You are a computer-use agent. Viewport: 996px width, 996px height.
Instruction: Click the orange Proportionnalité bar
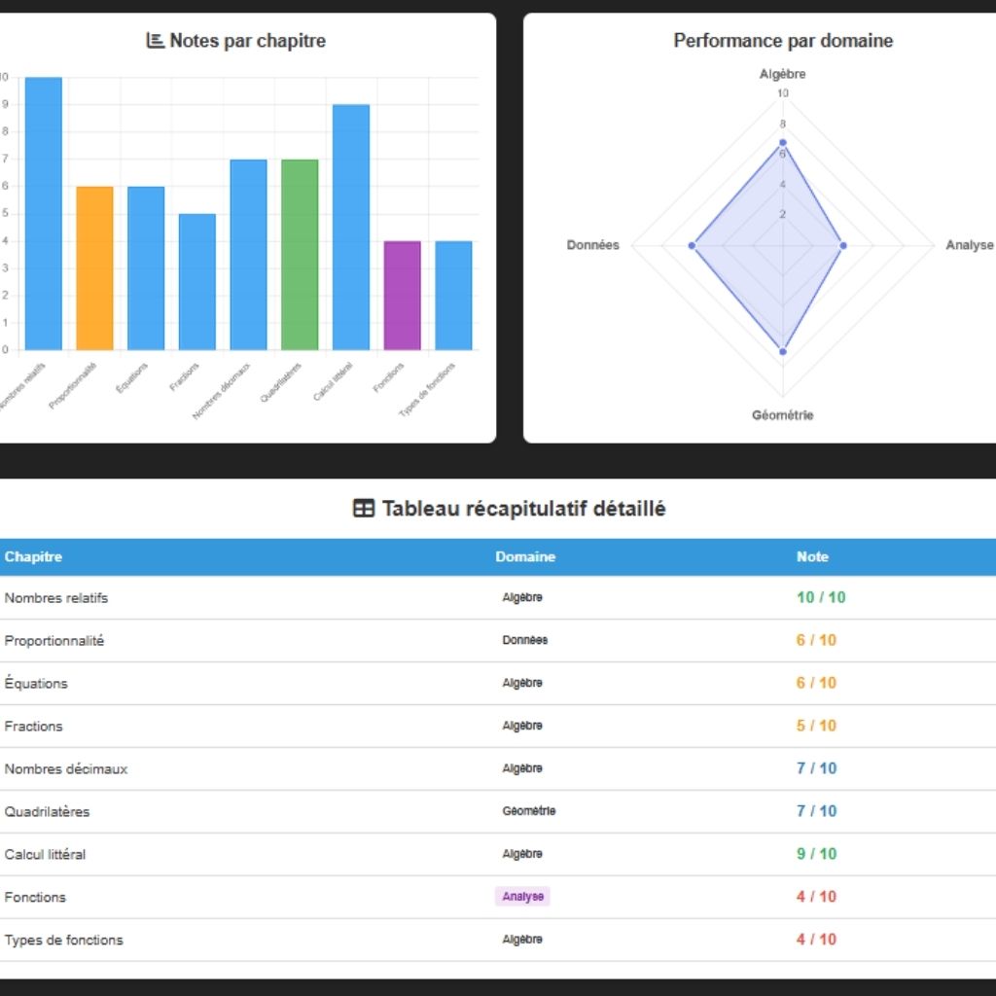(x=94, y=267)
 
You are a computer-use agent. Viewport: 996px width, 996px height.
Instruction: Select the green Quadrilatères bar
(x=300, y=254)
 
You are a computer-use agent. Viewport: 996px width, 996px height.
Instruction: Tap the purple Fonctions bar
(x=402, y=295)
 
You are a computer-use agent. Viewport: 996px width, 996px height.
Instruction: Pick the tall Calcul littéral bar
(x=351, y=227)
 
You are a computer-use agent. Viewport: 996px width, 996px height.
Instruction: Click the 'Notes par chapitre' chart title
(x=247, y=41)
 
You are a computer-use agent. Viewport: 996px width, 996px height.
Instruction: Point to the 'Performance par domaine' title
(x=783, y=41)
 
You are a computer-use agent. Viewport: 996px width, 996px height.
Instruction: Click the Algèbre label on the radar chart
(x=783, y=74)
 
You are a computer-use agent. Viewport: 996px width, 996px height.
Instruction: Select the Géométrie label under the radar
(x=783, y=415)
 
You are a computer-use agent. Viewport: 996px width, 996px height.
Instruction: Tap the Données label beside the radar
(x=593, y=245)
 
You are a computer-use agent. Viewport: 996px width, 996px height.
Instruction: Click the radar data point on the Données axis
(x=693, y=245)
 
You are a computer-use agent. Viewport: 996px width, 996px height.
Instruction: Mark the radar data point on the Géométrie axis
(x=783, y=351)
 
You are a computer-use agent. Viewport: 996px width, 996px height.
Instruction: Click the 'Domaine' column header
(x=525, y=557)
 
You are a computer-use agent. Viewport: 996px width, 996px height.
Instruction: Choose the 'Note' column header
(x=812, y=557)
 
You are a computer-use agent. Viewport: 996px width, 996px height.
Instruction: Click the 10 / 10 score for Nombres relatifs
(x=821, y=597)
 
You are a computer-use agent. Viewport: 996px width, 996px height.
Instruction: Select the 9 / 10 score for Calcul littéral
(x=816, y=854)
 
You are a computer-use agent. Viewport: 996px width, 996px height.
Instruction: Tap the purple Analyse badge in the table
(x=522, y=897)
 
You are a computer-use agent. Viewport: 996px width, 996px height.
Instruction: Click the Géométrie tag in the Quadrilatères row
(x=528, y=811)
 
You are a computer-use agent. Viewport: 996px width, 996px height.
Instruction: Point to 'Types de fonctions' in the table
(x=64, y=940)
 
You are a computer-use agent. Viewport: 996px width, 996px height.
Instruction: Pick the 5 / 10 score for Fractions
(x=816, y=726)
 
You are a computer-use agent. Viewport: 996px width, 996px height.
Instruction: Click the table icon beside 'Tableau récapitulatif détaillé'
(x=363, y=509)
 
